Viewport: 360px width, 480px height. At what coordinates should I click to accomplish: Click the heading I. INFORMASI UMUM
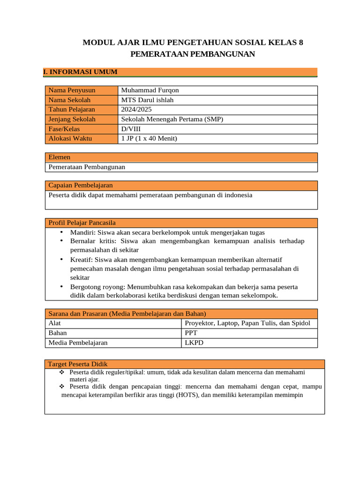coord(80,72)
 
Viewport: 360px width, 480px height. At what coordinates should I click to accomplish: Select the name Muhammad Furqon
coord(150,90)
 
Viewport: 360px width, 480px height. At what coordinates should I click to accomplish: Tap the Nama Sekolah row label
coord(69,100)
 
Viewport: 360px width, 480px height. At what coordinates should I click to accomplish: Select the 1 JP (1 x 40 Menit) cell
coord(149,138)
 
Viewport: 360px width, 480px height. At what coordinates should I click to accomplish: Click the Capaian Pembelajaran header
coord(81,185)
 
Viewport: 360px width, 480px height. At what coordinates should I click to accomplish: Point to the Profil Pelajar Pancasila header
coord(82,223)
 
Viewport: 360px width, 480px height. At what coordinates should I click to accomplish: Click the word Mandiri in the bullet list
coord(82,232)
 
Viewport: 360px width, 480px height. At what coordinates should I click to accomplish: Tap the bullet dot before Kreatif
coord(61,259)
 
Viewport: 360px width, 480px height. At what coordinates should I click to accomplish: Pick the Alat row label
coord(54,323)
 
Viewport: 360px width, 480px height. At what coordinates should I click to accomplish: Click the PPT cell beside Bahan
coord(191,333)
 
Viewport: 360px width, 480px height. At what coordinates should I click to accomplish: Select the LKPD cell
coord(194,343)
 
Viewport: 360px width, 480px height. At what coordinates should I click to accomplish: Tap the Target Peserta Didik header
coord(78,364)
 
